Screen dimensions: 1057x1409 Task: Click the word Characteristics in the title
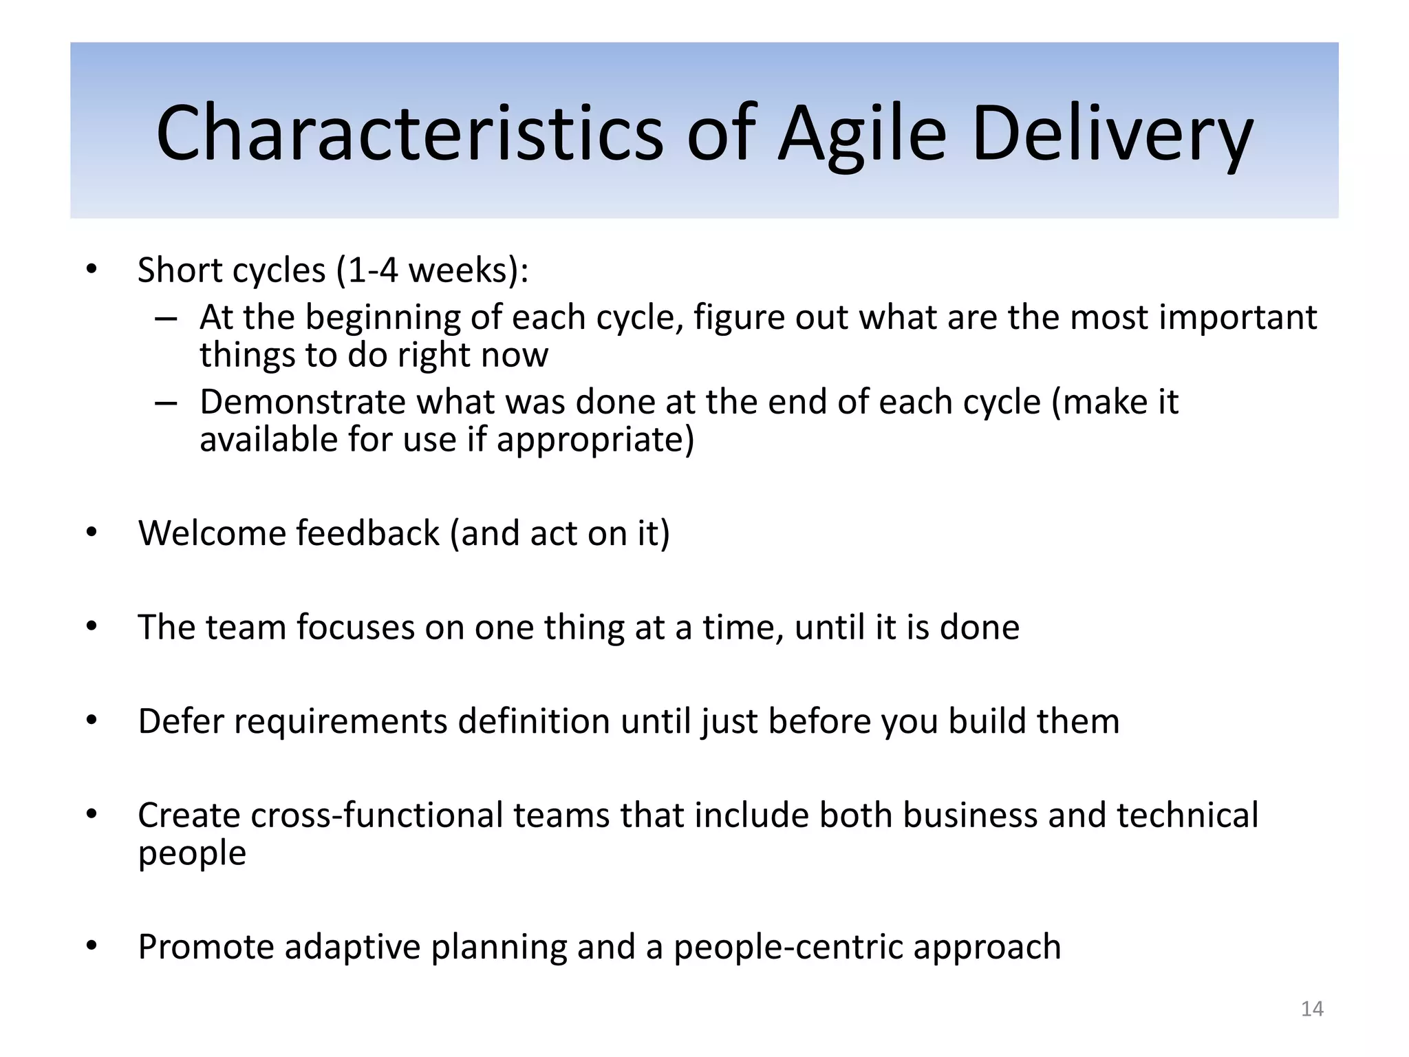[409, 133]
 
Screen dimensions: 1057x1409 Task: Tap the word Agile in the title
[863, 133]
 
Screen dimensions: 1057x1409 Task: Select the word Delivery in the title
[1112, 133]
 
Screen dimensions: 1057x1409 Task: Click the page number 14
[1312, 1009]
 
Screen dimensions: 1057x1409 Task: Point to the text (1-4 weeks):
[433, 270]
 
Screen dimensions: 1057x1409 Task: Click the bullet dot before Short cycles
[92, 270]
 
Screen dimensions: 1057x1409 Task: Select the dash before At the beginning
[166, 319]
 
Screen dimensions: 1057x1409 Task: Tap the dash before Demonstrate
[166, 403]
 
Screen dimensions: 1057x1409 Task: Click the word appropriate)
[595, 440]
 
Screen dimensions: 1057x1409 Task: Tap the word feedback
[367, 533]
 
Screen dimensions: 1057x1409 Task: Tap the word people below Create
[192, 853]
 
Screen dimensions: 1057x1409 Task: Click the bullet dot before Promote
[92, 946]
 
